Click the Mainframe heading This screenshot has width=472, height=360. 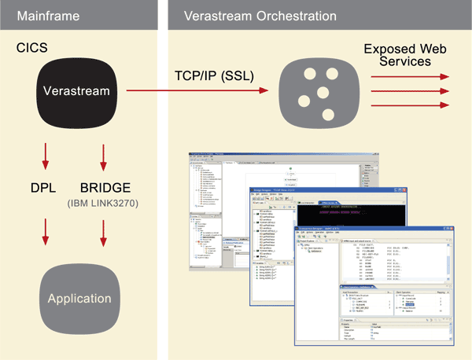pyautogui.click(x=48, y=17)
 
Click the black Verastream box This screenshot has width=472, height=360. pyautogui.click(x=77, y=92)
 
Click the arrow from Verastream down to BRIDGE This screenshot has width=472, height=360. pyautogui.click(x=101, y=155)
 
